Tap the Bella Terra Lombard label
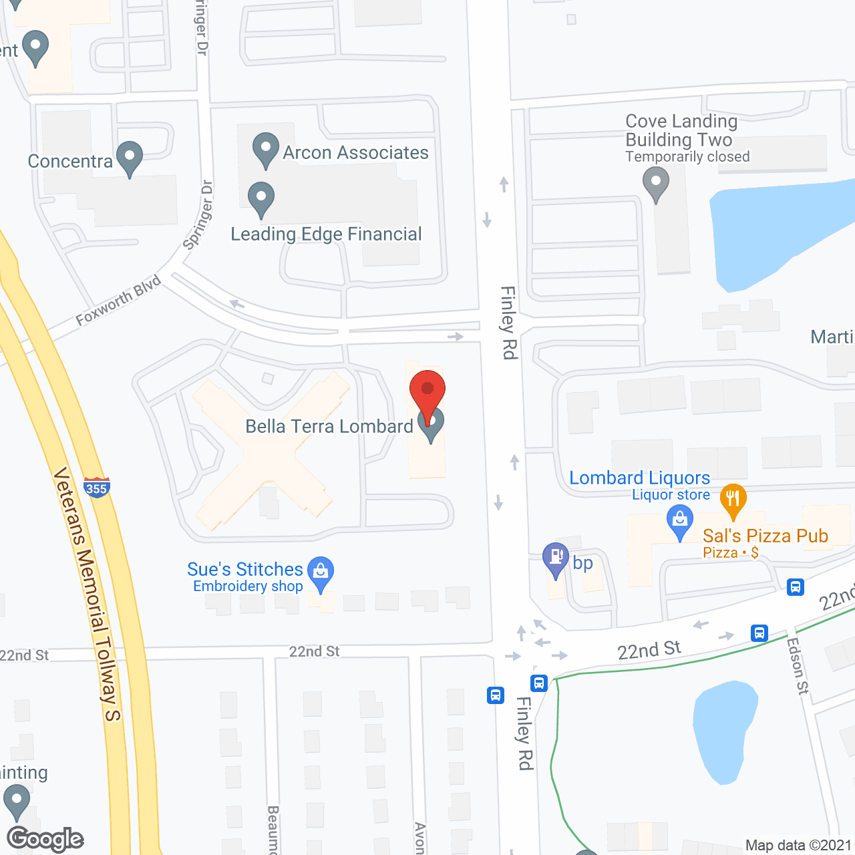point(329,426)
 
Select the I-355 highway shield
point(97,488)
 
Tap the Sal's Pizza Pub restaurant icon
point(733,500)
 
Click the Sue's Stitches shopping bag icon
point(321,572)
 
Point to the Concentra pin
point(130,158)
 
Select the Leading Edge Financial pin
point(261,198)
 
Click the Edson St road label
point(798,665)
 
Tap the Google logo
point(45,839)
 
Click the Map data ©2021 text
point(798,845)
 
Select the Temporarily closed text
point(687,157)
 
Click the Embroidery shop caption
point(248,586)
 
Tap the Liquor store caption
point(671,495)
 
